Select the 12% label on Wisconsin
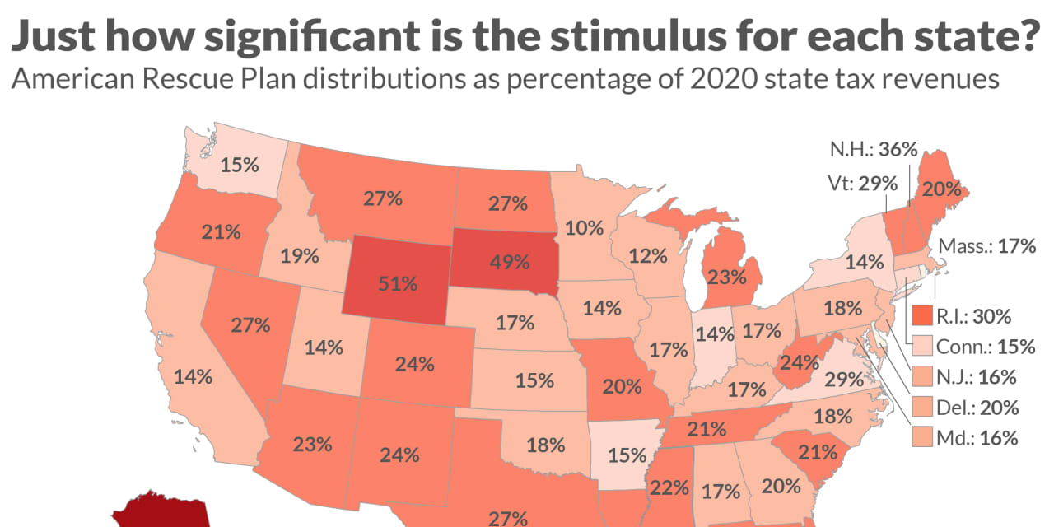click(x=648, y=256)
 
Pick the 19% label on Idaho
click(x=300, y=256)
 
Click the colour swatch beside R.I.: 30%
click(x=923, y=315)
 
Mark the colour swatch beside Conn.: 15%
click(x=923, y=347)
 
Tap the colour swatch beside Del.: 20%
click(x=923, y=408)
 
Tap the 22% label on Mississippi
click(x=669, y=487)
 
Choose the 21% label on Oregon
click(x=220, y=231)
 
